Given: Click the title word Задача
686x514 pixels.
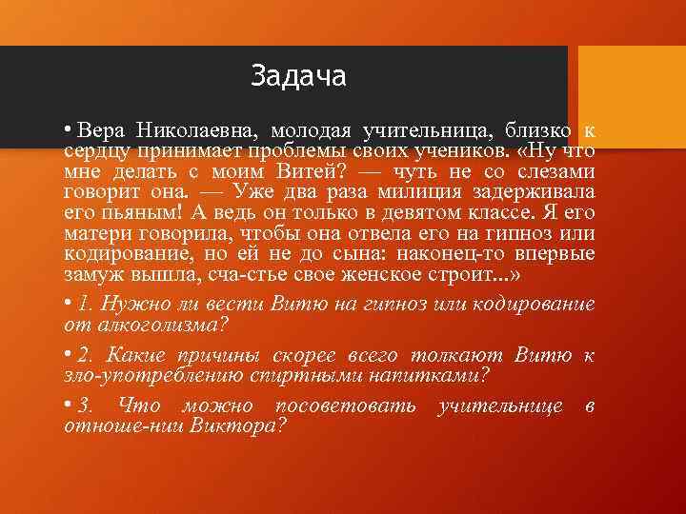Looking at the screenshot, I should [298, 75].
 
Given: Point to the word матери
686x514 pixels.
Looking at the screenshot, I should [95, 234].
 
